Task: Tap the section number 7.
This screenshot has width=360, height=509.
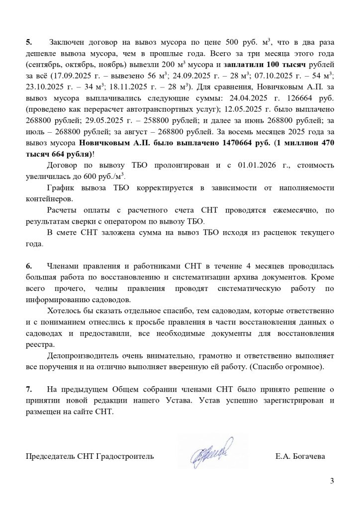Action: tap(28, 390)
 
